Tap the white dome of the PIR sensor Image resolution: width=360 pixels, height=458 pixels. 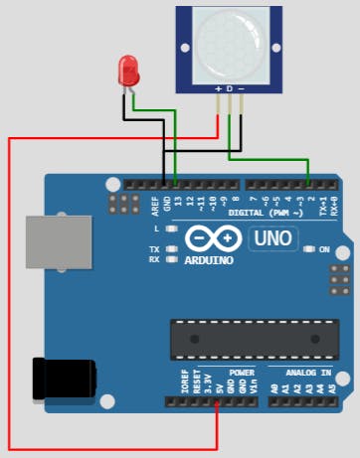tap(229, 42)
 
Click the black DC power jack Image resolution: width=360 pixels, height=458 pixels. tap(64, 379)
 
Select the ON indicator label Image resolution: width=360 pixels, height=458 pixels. tap(324, 249)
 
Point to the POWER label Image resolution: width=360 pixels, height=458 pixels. tap(242, 373)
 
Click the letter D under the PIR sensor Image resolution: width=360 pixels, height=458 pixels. tap(230, 89)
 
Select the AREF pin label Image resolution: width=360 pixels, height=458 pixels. tap(154, 206)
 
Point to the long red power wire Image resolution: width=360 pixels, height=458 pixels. tap(10, 298)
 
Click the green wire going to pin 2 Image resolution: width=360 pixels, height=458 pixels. tap(273, 157)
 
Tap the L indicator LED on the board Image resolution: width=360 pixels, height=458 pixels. tap(172, 229)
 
